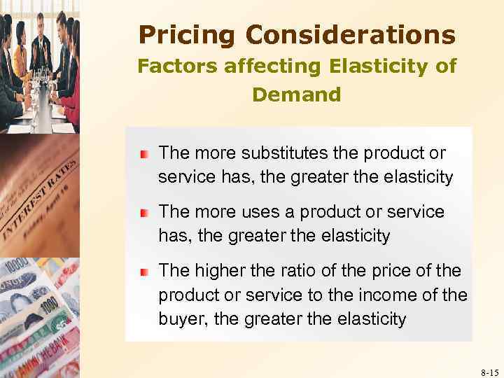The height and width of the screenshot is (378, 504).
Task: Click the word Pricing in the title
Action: click(x=183, y=34)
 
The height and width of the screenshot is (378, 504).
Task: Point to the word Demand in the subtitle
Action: click(x=296, y=94)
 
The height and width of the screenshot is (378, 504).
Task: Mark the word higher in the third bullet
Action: click(x=220, y=270)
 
